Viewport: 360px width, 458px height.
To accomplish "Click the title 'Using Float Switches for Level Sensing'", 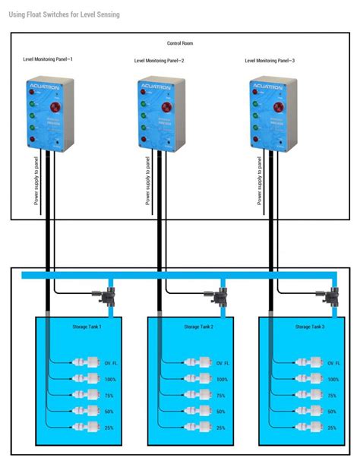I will coord(65,14).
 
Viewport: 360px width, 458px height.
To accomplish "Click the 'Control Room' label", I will coord(180,43).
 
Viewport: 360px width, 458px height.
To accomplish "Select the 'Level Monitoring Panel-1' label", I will coord(48,58).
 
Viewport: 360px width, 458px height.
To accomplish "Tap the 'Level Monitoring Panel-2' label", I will coord(159,60).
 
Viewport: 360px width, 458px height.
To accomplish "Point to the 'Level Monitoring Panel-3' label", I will coord(271,60).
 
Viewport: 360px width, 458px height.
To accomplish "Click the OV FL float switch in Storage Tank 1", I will coord(90,363).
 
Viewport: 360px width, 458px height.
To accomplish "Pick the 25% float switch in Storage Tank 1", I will coord(90,428).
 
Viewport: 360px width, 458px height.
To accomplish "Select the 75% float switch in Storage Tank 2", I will coord(203,395).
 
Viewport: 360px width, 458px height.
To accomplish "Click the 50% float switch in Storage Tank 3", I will coord(314,411).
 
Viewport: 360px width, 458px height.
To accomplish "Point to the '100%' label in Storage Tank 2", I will coord(222,379).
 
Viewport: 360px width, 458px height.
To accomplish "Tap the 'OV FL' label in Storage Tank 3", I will coord(334,363).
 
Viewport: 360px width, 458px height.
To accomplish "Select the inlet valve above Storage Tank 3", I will coord(331,293).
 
